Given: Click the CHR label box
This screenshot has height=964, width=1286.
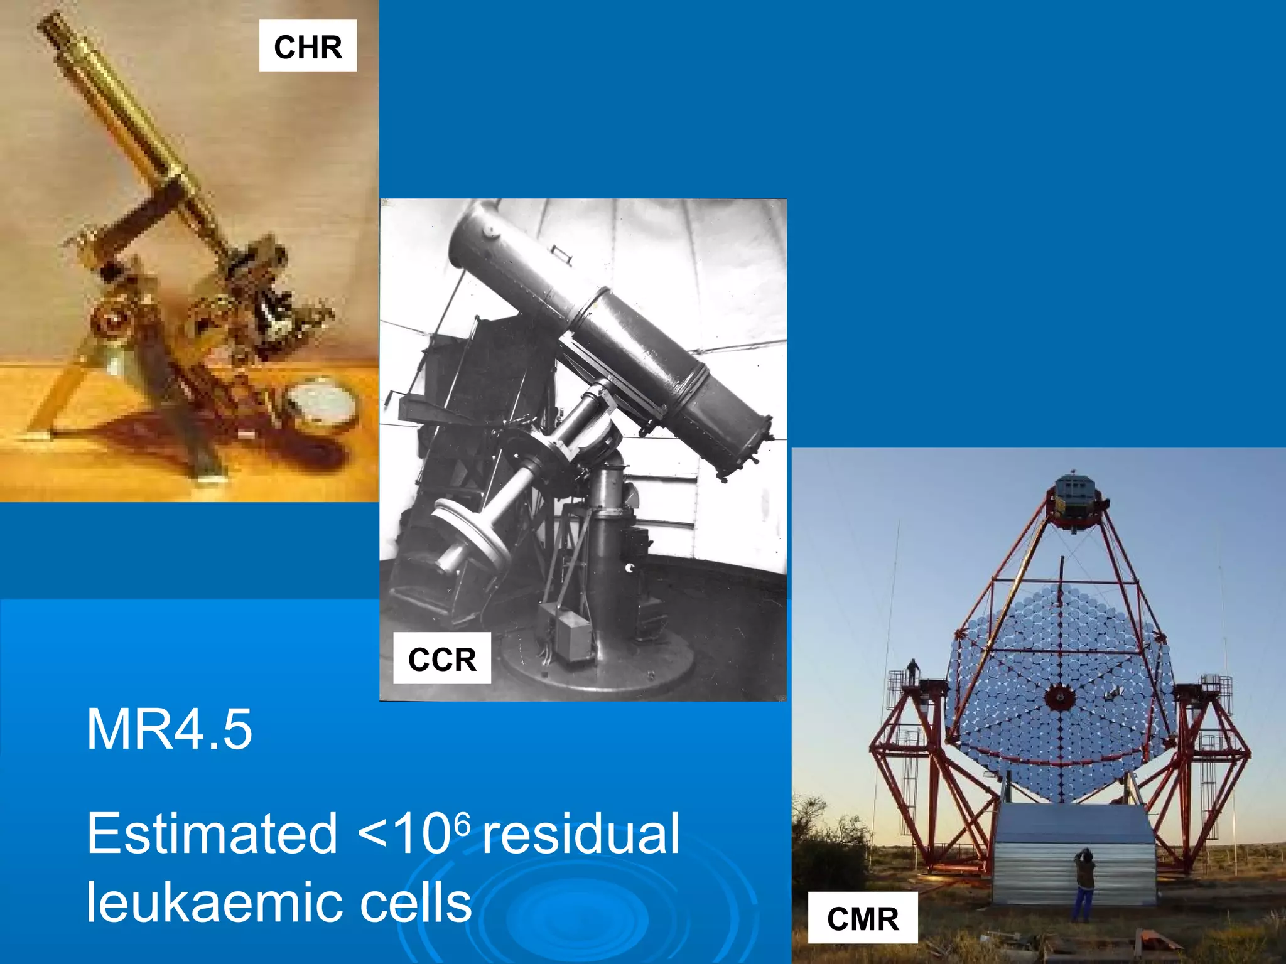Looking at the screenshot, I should [308, 46].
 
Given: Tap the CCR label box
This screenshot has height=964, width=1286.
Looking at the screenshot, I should [442, 658].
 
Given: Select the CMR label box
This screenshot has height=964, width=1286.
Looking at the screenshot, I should [863, 918].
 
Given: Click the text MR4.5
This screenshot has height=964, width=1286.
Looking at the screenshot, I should [170, 729].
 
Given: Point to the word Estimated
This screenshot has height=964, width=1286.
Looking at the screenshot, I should [212, 833].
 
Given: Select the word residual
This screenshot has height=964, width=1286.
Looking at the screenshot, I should [581, 833].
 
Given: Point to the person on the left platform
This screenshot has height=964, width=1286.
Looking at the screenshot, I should [912, 672].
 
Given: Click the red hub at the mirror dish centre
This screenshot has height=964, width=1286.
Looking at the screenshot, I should [1060, 697].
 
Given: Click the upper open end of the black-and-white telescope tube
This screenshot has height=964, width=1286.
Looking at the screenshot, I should [474, 226].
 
